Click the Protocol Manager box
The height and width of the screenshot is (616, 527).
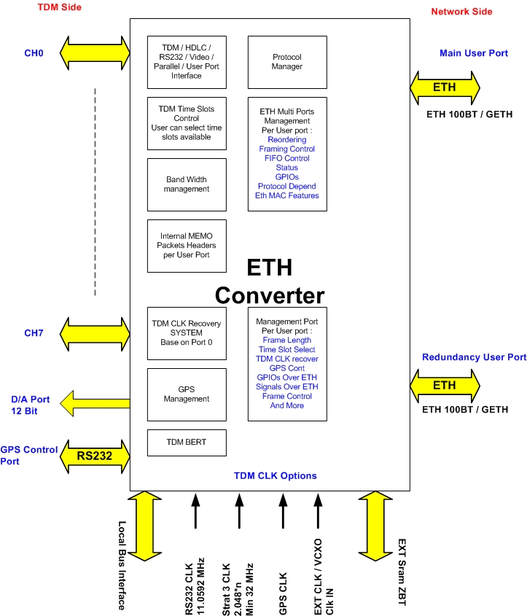[287, 61]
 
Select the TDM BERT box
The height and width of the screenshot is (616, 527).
[186, 442]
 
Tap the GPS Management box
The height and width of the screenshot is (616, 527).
[186, 394]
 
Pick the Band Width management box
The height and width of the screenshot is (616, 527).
[186, 184]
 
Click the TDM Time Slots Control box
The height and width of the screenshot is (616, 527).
[186, 122]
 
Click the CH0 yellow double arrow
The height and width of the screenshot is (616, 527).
[95, 52]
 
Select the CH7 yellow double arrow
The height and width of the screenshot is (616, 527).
[95, 334]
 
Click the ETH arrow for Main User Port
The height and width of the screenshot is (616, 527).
[445, 87]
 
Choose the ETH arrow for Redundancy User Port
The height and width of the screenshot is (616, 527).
[445, 385]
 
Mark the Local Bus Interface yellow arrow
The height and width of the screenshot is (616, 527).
[144, 525]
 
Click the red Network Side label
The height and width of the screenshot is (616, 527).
[461, 12]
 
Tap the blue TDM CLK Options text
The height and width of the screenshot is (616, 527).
[275, 476]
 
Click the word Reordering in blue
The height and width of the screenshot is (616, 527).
[287, 139]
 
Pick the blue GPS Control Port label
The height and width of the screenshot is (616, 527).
[29, 456]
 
